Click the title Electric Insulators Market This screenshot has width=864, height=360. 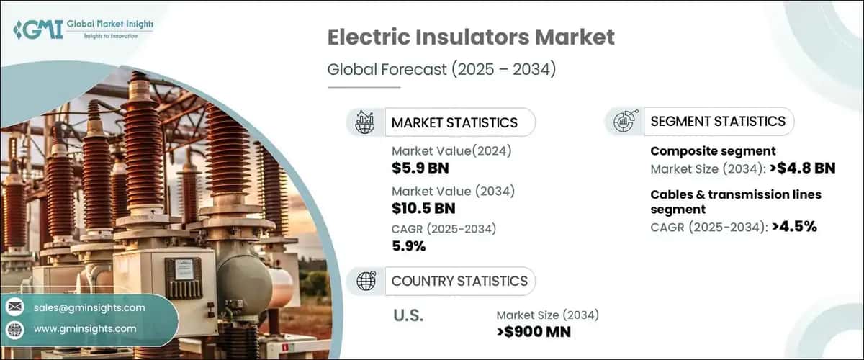tap(471, 38)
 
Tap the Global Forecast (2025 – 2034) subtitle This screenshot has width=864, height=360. tap(444, 70)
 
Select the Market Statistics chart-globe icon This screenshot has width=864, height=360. tap(364, 122)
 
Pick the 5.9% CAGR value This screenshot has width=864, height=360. tap(408, 246)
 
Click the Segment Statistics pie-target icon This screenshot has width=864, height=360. tap(623, 122)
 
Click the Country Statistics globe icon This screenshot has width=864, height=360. tap(364, 281)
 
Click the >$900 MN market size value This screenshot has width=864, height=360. tap(534, 332)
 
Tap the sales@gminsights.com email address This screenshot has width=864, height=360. tap(89, 307)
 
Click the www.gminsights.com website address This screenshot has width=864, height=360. tap(85, 328)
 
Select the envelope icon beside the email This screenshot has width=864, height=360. tap(15, 307)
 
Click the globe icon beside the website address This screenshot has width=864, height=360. tap(15, 329)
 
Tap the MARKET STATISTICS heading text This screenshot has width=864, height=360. tap(454, 122)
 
